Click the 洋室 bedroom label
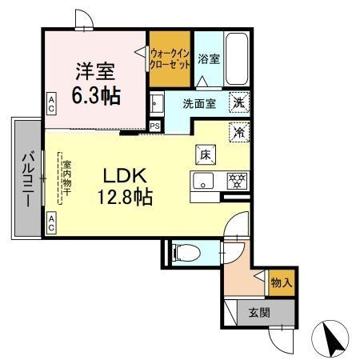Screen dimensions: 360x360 point(93,70)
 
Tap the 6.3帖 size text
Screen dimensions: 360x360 point(98,95)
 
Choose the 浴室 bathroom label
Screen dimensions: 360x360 point(209,58)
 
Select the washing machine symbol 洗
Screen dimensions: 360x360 point(238,102)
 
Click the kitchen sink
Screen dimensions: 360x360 point(203,180)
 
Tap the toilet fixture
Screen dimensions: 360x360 point(186,252)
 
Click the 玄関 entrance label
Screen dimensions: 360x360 point(258,313)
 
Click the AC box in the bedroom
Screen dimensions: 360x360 point(50,102)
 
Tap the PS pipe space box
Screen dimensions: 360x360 point(154,125)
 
